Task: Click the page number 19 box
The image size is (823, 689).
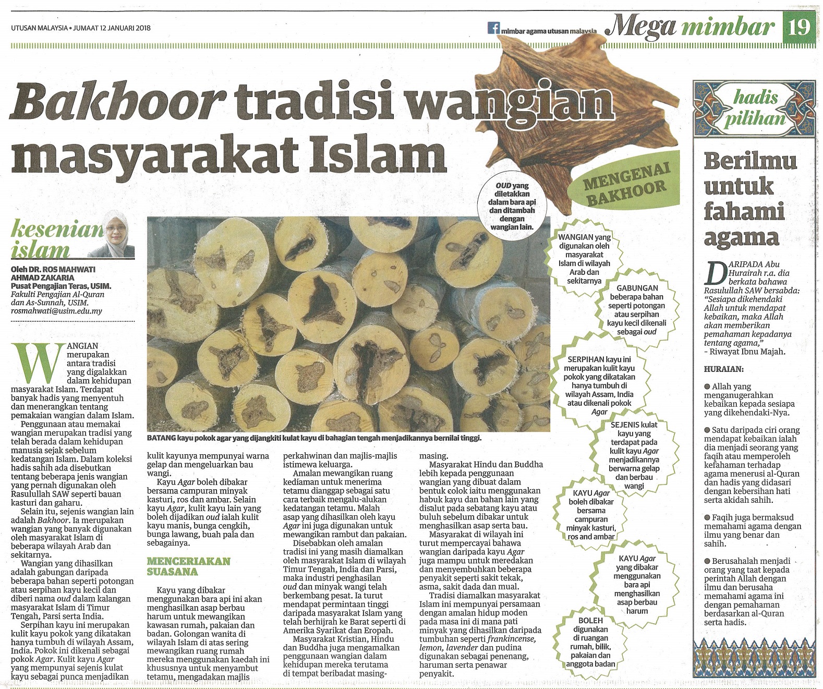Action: coord(798,26)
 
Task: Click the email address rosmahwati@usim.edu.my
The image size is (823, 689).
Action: coord(56,311)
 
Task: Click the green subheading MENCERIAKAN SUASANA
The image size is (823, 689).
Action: coord(188,566)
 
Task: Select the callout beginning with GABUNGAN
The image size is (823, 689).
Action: coord(637,309)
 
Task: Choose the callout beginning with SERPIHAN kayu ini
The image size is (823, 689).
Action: coord(599,385)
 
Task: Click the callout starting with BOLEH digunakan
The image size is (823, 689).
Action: coord(590,642)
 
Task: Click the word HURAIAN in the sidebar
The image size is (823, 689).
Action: coord(724,369)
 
